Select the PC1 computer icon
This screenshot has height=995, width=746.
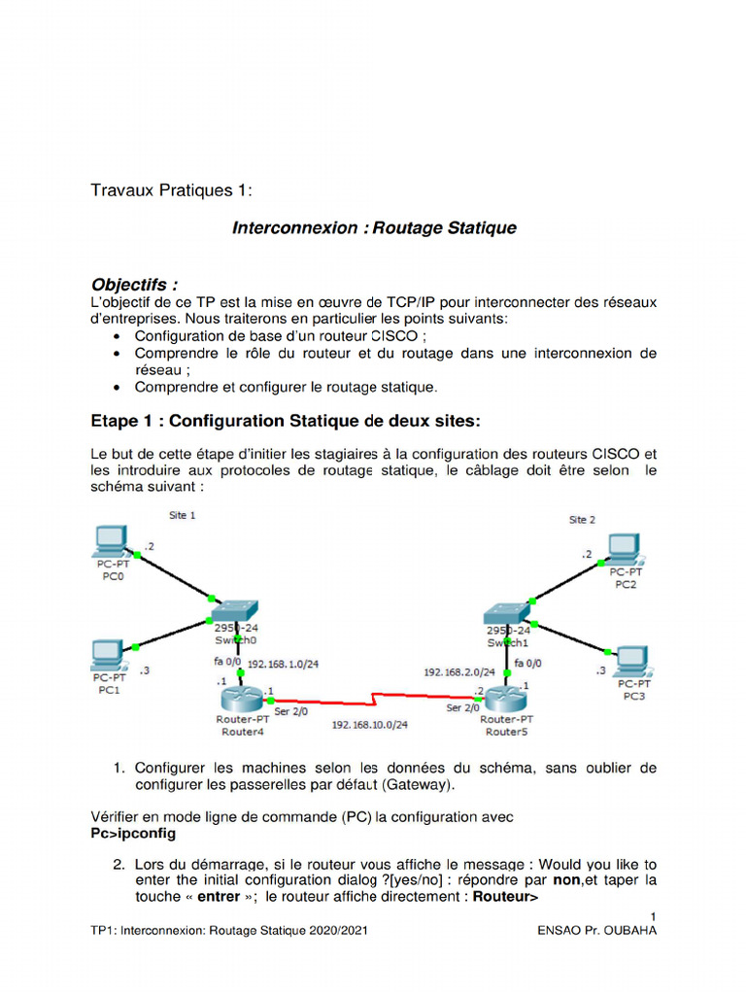pyautogui.click(x=108, y=654)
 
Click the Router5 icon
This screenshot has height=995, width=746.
pyautogui.click(x=505, y=698)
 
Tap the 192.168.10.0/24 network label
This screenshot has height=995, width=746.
pyautogui.click(x=369, y=725)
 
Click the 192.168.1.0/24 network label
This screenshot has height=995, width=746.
pyautogui.click(x=284, y=664)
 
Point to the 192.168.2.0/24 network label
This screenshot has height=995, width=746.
pyautogui.click(x=459, y=671)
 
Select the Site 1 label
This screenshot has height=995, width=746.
pyautogui.click(x=182, y=515)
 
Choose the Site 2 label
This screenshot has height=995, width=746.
pyautogui.click(x=582, y=520)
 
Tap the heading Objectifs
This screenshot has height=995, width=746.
pyautogui.click(x=134, y=285)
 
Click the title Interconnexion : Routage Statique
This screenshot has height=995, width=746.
pyautogui.click(x=374, y=228)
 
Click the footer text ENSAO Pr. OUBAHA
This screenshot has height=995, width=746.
pyautogui.click(x=596, y=931)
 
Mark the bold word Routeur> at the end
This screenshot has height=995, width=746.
pyautogui.click(x=505, y=897)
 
